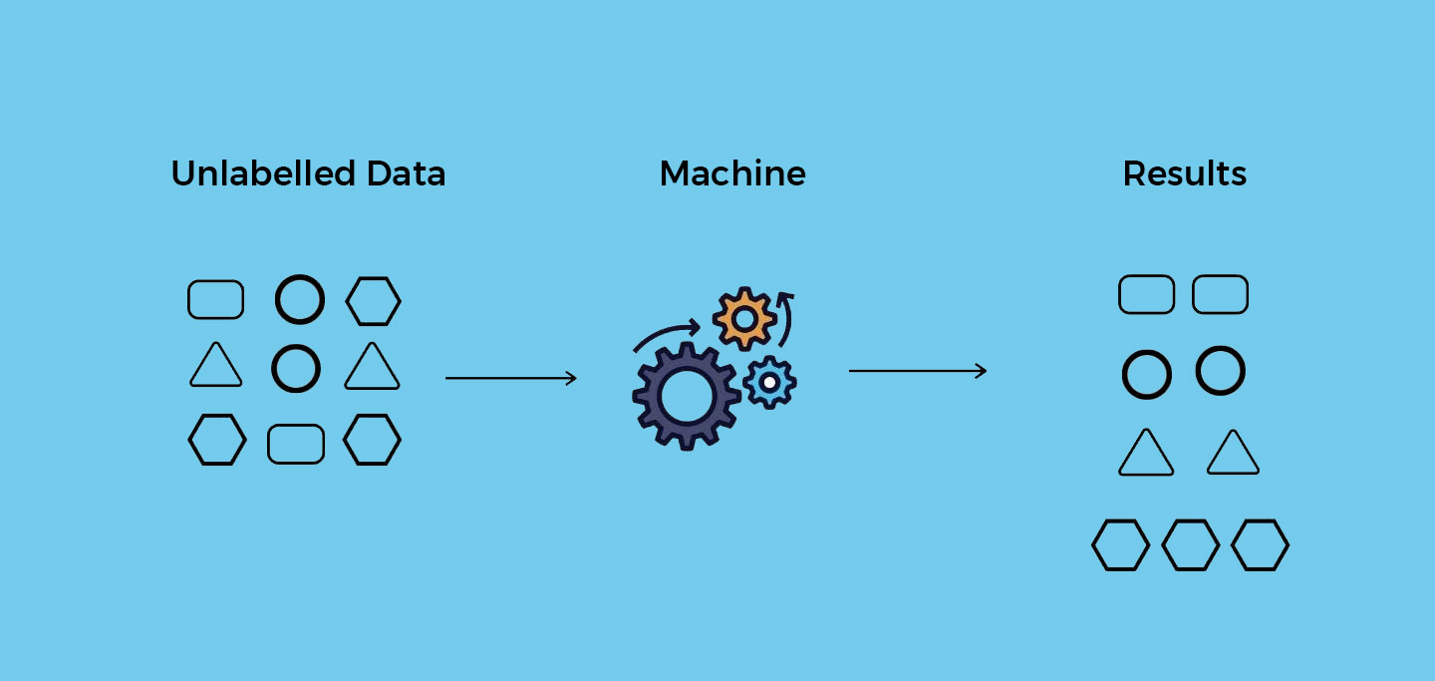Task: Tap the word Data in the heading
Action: tap(406, 173)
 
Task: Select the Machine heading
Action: tap(732, 173)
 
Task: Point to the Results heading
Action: tap(1184, 173)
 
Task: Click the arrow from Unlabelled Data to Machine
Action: tap(510, 378)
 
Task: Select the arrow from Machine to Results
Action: tap(917, 371)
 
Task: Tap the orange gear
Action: tap(743, 318)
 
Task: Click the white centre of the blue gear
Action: tap(769, 381)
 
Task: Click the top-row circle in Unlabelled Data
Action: tap(300, 299)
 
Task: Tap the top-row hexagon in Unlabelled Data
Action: tap(373, 301)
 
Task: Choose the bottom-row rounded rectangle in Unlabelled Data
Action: tap(296, 444)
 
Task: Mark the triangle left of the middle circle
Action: tap(216, 366)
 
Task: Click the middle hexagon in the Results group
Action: tap(1191, 544)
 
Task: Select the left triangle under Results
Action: tap(1146, 455)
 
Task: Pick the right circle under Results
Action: tap(1221, 370)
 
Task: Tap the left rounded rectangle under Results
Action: tap(1146, 295)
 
